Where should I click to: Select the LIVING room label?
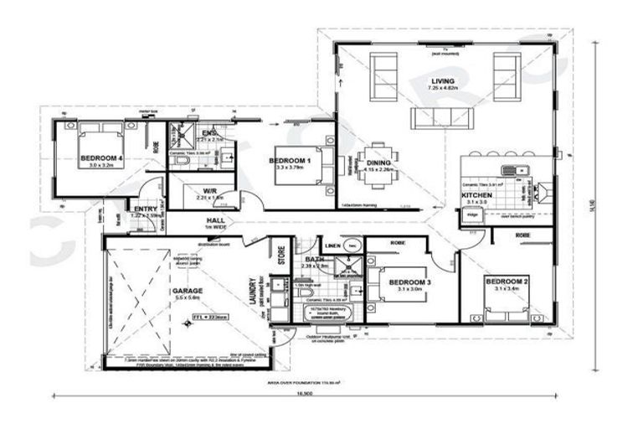443,81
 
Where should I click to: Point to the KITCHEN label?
477,195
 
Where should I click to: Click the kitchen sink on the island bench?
532,170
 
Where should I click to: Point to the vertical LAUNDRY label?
249,291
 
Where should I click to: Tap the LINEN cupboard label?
332,246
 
